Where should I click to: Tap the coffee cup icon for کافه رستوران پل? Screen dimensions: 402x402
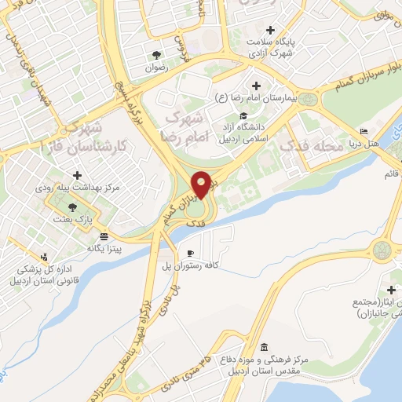point(190,253)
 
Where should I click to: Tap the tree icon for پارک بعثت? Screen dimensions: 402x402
point(73,207)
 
